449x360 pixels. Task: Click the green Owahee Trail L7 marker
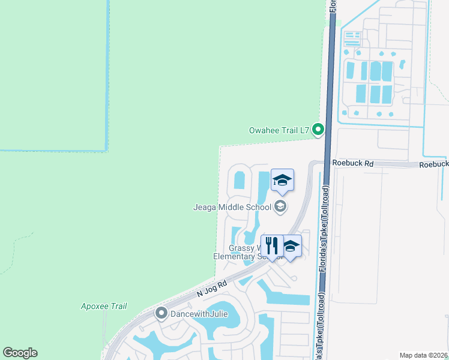point(319,129)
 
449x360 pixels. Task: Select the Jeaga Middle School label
point(232,208)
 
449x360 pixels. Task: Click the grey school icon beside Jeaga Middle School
point(280,207)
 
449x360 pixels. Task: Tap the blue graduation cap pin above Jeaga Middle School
point(282,180)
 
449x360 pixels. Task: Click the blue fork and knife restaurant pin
point(271,246)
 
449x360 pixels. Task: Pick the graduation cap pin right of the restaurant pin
point(292,246)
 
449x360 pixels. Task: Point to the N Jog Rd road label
point(212,290)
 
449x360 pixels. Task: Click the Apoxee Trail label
point(104,306)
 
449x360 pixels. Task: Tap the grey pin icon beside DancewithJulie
point(161,313)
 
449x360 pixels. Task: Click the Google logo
point(20,353)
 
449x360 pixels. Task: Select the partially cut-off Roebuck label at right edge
point(433,164)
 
